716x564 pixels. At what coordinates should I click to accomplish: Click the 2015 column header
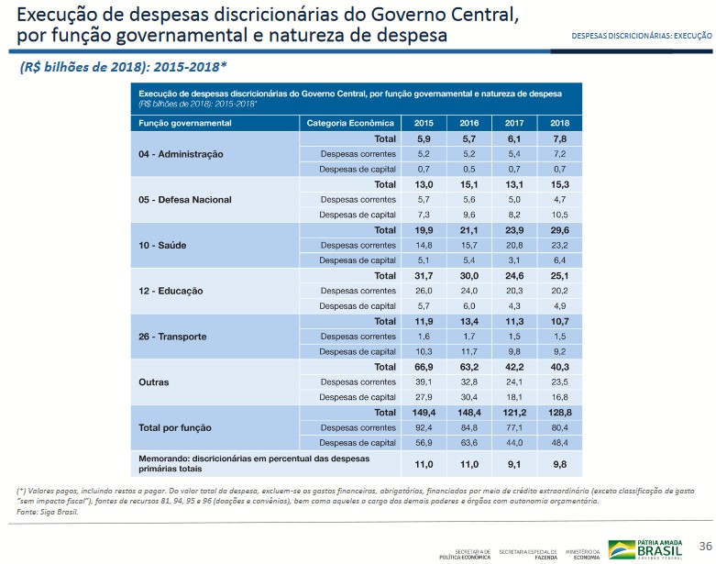tap(424, 123)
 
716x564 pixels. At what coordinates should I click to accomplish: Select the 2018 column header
tap(559, 123)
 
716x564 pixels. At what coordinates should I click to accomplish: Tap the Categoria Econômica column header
tap(350, 123)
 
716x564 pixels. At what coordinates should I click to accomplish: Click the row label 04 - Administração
tap(181, 154)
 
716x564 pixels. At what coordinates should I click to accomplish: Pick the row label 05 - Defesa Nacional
tap(184, 199)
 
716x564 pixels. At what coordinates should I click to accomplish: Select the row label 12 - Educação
tap(171, 291)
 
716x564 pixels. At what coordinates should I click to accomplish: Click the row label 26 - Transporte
tap(172, 337)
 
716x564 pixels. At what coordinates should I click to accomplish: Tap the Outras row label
tap(153, 382)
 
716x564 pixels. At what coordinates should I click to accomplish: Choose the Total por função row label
tap(174, 427)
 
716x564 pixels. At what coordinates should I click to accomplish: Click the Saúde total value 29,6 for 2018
tap(559, 230)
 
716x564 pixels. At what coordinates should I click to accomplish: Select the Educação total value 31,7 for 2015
tap(424, 275)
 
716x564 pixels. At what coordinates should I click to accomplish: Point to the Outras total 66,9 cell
tap(424, 367)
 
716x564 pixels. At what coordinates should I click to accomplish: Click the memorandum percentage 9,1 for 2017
tap(514, 465)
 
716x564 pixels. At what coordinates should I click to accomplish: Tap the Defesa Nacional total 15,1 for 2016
tap(468, 184)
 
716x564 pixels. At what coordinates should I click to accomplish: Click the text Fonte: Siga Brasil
tap(48, 512)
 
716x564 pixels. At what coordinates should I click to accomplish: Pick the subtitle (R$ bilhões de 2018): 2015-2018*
tap(124, 67)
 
